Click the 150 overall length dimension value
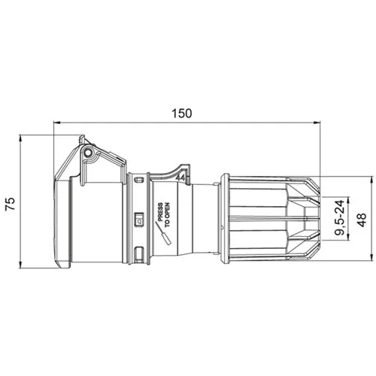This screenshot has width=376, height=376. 182,114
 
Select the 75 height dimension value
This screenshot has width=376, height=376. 11,204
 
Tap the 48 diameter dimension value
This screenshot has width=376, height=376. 361,220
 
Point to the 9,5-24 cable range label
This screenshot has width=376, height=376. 339,217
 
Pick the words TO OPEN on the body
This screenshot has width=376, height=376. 167,215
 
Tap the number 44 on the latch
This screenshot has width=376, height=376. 180,177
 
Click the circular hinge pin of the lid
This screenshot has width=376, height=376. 88,153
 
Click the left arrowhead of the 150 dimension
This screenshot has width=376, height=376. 56,123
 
